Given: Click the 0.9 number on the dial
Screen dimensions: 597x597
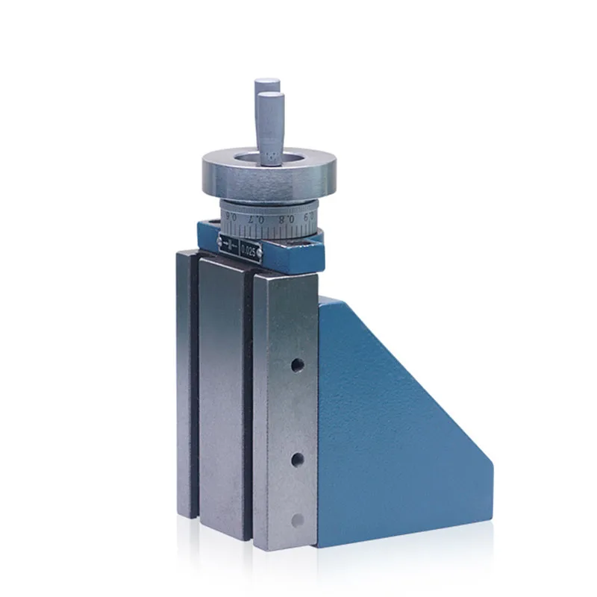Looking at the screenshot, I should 302,216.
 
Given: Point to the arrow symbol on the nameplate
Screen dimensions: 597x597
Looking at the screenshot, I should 229,245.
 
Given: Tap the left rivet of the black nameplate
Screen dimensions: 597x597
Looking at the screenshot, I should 219,240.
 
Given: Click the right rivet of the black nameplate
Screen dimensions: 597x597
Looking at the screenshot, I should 261,259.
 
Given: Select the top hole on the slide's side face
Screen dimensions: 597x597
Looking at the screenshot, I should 297,365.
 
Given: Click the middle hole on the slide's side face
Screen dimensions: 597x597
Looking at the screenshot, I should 297,456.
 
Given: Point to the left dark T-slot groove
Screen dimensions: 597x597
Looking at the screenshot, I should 194,388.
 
